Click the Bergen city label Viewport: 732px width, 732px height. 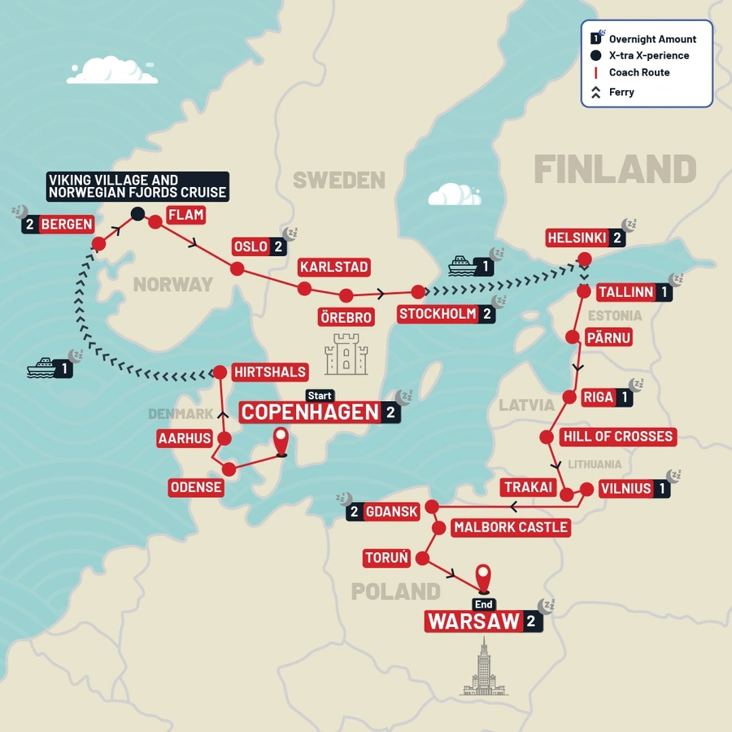click(66, 224)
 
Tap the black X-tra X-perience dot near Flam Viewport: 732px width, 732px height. click(137, 214)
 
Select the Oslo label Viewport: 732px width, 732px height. click(251, 246)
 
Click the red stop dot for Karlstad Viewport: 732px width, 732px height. click(304, 289)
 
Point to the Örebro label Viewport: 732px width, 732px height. click(346, 317)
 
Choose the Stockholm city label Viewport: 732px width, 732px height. click(438, 314)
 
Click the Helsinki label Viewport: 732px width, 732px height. click(577, 238)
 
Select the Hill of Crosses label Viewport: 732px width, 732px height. click(617, 437)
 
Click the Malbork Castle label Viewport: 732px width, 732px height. click(511, 527)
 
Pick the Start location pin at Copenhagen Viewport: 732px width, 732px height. click(281, 440)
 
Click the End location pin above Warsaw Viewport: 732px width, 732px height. click(484, 577)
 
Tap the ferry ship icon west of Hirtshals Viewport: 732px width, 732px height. click(41, 368)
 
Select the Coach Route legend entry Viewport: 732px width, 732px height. click(638, 72)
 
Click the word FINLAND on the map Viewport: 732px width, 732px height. click(615, 170)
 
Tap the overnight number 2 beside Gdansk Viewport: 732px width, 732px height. click(354, 512)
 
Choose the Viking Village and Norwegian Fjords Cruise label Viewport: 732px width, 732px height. click(137, 186)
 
